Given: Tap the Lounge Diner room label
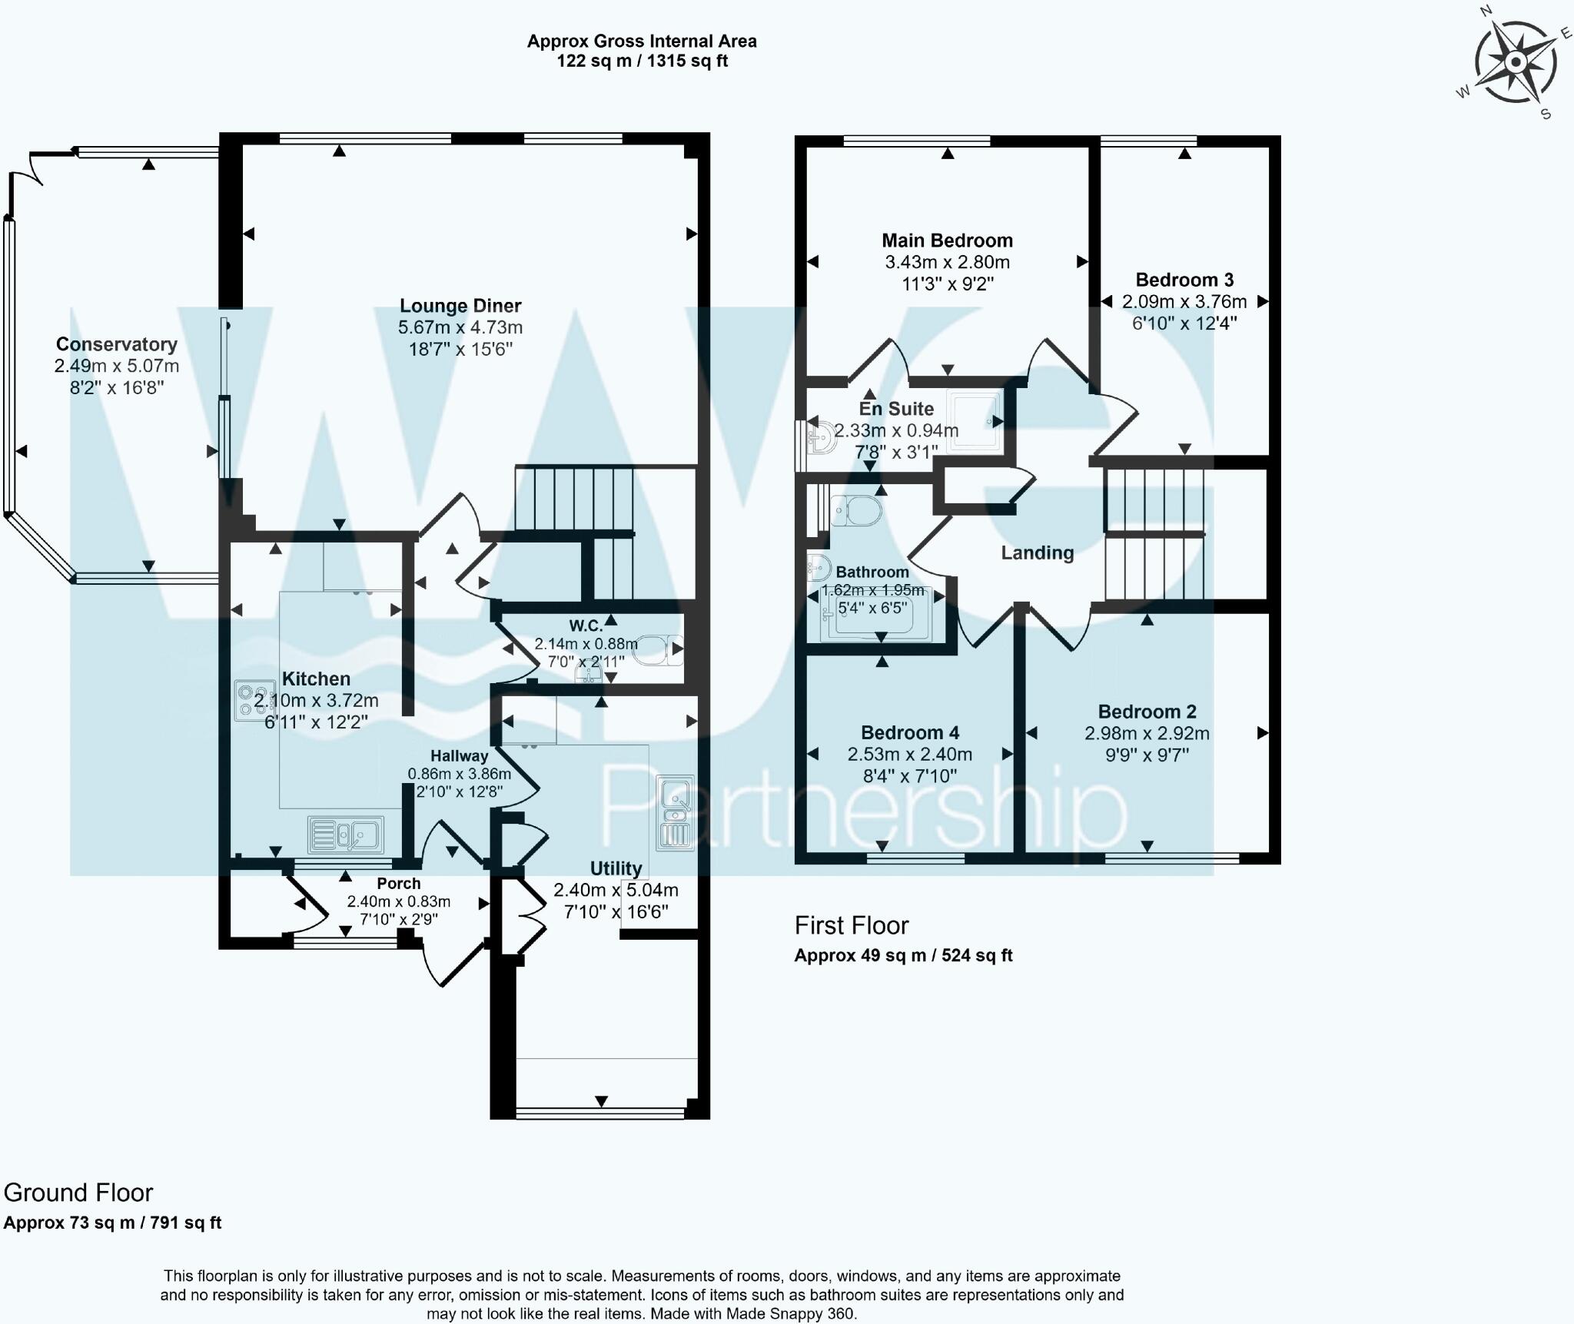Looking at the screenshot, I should (460, 306).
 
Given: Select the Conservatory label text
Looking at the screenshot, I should (117, 344).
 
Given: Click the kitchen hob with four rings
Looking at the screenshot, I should (255, 701).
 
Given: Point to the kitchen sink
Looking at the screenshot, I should (346, 835).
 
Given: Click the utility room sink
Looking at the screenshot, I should (676, 813).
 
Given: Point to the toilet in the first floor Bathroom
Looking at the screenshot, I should (855, 510).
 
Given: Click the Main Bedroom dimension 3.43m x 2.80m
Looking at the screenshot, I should (947, 262).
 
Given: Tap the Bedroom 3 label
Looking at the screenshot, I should (1184, 280).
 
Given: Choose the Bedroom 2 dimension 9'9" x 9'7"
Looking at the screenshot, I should (1147, 755).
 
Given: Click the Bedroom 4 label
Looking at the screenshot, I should (910, 732).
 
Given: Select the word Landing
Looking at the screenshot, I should (1037, 552).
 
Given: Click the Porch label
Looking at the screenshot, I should (398, 884).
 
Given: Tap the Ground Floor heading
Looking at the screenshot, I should (78, 1193).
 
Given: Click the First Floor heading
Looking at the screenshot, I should (852, 925).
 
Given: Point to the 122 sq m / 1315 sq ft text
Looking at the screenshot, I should (642, 61).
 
